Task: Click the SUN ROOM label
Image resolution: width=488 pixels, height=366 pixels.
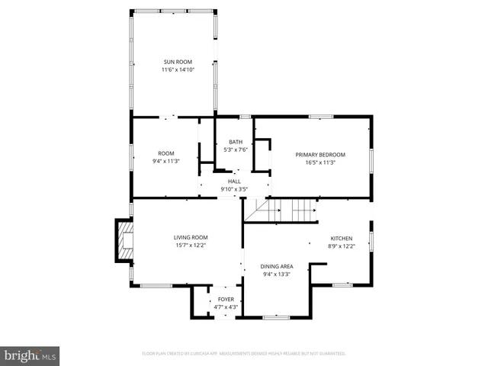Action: pos(178,62)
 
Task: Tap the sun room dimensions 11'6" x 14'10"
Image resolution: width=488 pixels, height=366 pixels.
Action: pos(178,70)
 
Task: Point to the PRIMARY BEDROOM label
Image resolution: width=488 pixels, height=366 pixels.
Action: pos(320,155)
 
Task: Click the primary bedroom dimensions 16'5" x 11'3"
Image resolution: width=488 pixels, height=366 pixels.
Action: pos(320,162)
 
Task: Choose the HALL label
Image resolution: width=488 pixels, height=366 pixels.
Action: pos(234,181)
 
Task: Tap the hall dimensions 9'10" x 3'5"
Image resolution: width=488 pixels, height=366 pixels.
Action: pos(234,189)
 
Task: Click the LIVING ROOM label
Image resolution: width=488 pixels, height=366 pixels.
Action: pos(190,238)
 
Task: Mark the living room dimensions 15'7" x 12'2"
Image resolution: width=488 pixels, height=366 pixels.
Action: pos(190,246)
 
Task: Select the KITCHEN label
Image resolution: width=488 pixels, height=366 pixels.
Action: pos(342,238)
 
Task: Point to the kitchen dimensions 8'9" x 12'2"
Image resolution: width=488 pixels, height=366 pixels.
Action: pos(342,246)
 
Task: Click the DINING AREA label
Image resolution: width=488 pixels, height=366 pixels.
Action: pos(277,266)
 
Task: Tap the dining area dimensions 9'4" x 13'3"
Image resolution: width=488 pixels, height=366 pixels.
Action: pos(277,274)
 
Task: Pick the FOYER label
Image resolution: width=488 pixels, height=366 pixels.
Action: pos(226,299)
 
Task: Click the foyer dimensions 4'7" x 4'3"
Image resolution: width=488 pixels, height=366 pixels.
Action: pos(226,307)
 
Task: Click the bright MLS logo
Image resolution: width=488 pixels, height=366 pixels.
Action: pos(31,355)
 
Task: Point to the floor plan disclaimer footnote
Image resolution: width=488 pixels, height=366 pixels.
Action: pos(244,354)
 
